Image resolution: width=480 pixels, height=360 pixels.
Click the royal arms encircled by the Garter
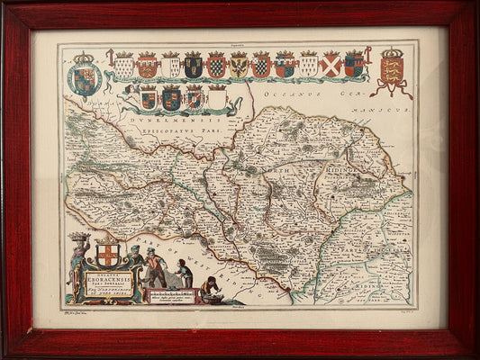pyautogui.click(x=84, y=79)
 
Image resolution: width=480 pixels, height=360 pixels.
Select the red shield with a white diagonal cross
pyautogui.click(x=330, y=64)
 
